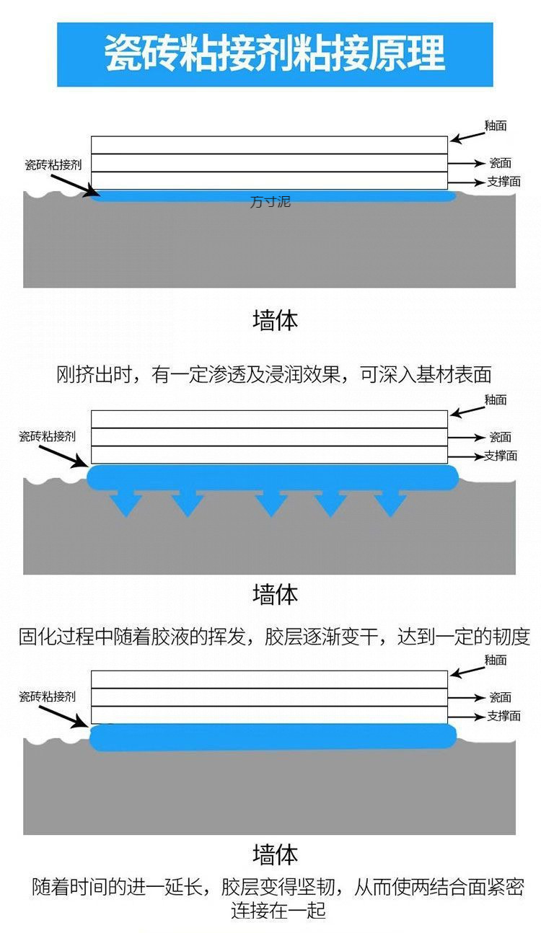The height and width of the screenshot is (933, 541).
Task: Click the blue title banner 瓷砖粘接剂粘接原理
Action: tap(275, 54)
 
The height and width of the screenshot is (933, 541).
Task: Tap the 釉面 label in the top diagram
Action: tap(496, 125)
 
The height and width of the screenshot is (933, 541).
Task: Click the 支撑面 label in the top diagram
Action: tap(503, 182)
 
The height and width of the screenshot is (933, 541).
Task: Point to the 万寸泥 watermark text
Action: tap(270, 203)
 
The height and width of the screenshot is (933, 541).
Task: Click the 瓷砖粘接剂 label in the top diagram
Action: tap(53, 164)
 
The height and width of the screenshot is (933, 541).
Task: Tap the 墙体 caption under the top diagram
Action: tap(275, 320)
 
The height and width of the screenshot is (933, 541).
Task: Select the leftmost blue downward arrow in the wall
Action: tap(126, 503)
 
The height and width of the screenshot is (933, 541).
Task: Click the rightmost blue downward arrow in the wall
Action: tap(390, 503)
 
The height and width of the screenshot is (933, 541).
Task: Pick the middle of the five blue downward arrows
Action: tap(271, 503)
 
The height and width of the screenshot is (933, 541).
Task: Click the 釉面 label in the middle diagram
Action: tap(496, 399)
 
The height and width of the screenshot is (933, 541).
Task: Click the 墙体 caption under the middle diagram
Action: tap(275, 594)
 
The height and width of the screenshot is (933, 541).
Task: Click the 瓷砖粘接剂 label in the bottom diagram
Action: tap(47, 697)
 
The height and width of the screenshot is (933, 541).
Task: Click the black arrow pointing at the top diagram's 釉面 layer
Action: tap(468, 135)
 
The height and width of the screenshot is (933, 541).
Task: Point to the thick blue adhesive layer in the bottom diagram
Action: tap(274, 737)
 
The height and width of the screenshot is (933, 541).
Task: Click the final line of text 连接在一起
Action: tap(278, 910)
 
